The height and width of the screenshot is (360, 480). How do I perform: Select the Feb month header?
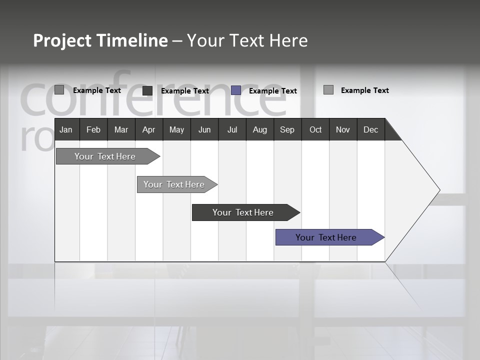point(93,129)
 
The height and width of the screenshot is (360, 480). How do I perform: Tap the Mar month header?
point(121,129)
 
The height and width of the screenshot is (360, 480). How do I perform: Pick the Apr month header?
point(148,129)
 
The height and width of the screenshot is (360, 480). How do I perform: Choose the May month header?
point(176,129)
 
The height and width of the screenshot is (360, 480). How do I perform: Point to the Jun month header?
point(204,129)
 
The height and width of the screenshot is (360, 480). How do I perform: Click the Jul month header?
point(232,129)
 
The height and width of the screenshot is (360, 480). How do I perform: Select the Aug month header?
point(259,129)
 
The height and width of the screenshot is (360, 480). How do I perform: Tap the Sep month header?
point(287,129)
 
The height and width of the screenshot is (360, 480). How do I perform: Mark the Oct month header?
point(315,129)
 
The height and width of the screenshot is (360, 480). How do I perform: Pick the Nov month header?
point(343,129)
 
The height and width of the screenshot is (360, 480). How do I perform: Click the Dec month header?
point(370,129)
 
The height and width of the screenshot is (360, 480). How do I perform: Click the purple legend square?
point(236,90)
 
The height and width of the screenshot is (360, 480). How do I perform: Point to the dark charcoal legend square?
point(147,90)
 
